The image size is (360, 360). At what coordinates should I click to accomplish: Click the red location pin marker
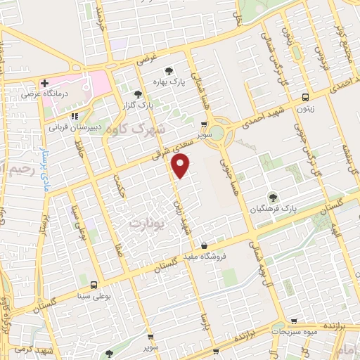(x=181, y=166)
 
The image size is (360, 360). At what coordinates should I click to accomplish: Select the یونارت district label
(x=146, y=223)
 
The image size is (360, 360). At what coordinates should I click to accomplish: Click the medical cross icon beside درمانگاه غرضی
(x=44, y=83)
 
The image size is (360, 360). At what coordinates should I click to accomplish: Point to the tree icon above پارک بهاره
(x=168, y=71)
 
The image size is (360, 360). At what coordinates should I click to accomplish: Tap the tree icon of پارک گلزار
(x=138, y=94)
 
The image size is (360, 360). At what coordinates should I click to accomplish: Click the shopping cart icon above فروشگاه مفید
(x=204, y=246)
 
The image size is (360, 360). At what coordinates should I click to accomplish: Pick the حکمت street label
(x=120, y=186)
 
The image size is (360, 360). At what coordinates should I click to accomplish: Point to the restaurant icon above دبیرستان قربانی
(x=74, y=117)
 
